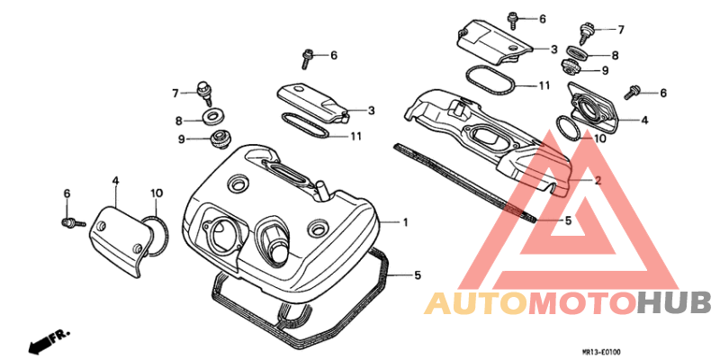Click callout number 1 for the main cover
[406, 222]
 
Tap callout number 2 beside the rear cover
[598, 181]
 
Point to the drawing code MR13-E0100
[601, 352]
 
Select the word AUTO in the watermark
[476, 303]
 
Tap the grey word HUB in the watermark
[674, 303]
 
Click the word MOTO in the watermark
[583, 303]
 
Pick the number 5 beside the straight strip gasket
[568, 220]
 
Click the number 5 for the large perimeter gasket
[418, 275]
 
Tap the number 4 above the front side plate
[115, 181]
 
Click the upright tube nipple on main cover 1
[319, 191]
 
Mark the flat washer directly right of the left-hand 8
[213, 116]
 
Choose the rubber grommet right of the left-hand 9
[220, 139]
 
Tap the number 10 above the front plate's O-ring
[156, 193]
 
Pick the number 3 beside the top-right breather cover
[553, 49]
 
